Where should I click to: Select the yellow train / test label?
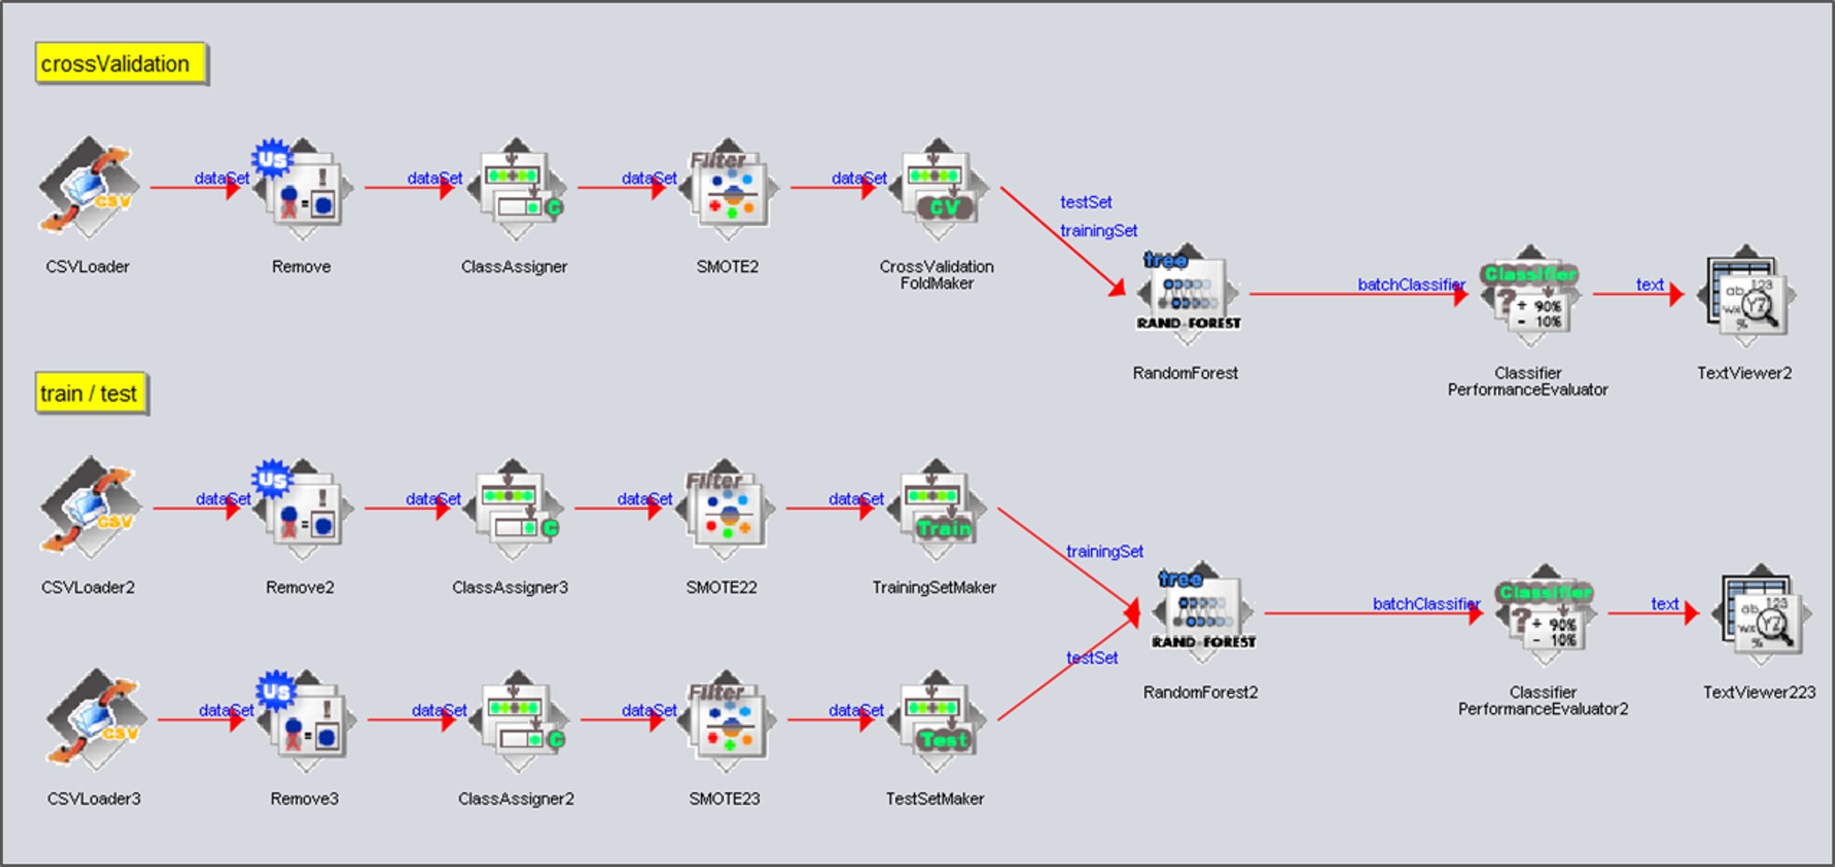(91, 394)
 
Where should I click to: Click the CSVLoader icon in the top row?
(89, 188)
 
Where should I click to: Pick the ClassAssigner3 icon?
(513, 509)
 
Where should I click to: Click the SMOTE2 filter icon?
(729, 190)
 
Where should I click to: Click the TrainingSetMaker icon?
(935, 509)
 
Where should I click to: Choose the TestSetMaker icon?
(935, 721)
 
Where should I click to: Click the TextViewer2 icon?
(1745, 295)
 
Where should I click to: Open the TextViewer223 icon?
(1761, 614)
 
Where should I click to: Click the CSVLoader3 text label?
(94, 798)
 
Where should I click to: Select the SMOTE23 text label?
(725, 798)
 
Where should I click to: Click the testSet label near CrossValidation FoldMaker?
(1086, 202)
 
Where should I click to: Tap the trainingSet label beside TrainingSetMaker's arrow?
(1105, 551)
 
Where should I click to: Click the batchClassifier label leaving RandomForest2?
(1426, 604)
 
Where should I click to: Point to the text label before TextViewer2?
(1649, 285)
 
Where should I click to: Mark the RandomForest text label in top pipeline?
(1185, 373)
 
